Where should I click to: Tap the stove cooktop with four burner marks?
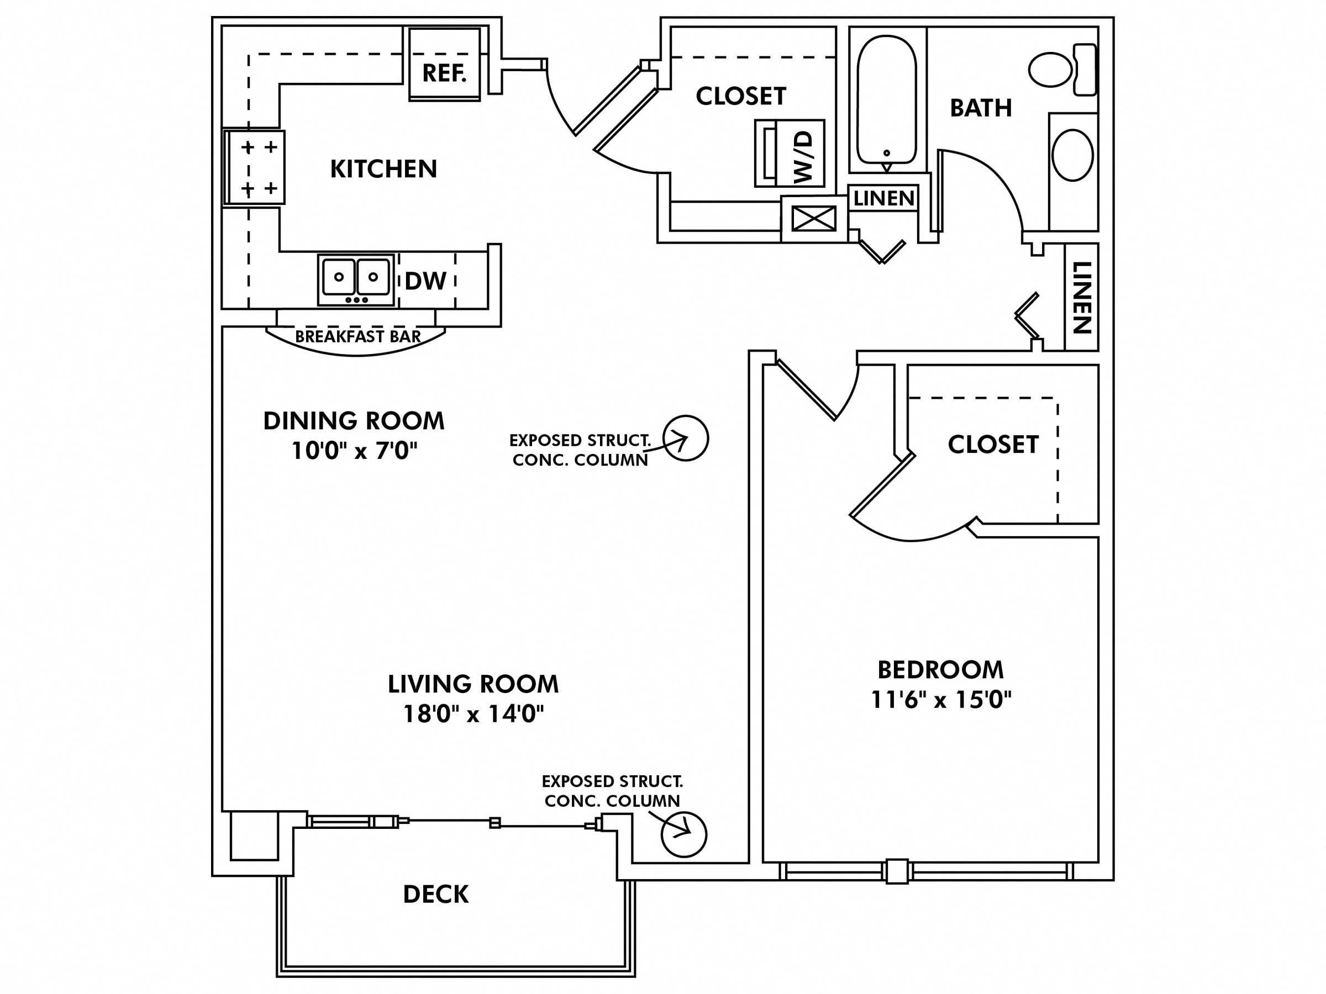click(255, 168)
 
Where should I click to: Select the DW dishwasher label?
click(425, 281)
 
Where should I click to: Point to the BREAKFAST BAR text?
click(358, 337)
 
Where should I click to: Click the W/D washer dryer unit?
click(790, 154)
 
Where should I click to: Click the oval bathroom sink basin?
click(1072, 155)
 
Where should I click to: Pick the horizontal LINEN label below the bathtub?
click(883, 198)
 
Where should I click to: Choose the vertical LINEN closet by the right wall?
click(1081, 297)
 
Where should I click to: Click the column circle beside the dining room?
click(686, 438)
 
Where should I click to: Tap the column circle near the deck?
click(684, 834)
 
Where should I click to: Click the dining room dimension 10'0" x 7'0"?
click(354, 451)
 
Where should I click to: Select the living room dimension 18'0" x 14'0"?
click(473, 713)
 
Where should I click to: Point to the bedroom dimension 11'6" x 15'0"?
click(940, 699)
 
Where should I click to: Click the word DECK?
click(436, 895)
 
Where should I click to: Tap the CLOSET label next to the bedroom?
click(993, 445)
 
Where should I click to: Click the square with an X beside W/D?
click(813, 219)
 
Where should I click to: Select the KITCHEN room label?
click(383, 169)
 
